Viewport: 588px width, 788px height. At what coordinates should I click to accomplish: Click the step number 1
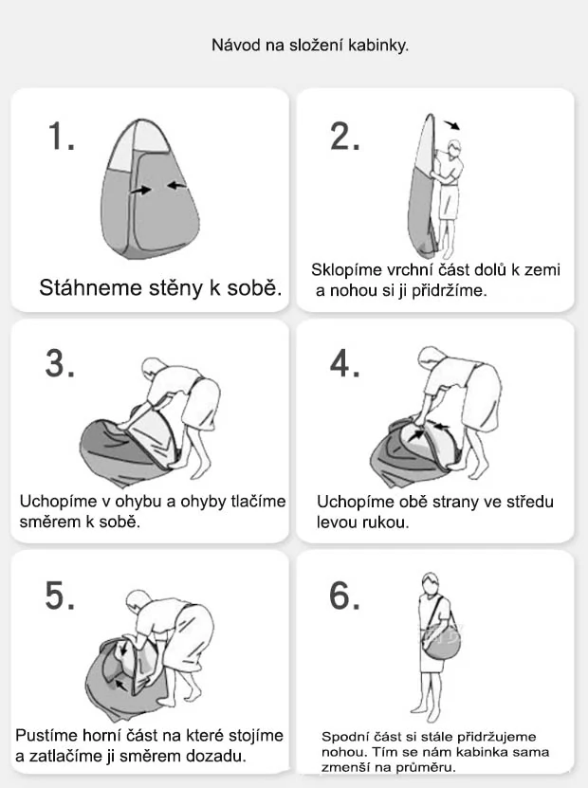(x=61, y=138)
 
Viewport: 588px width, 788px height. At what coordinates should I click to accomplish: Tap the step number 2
(x=345, y=138)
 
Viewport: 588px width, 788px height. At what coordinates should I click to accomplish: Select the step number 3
(x=61, y=365)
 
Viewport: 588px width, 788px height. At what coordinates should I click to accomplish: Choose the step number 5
(x=61, y=596)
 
